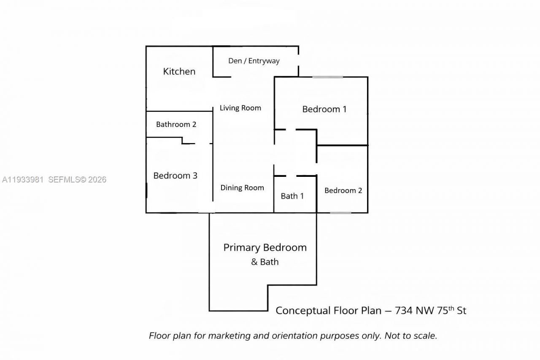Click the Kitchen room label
[x=179, y=71]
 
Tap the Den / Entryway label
[x=254, y=61]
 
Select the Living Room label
[x=240, y=108]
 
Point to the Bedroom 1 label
[x=324, y=109]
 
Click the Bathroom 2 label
[x=176, y=125]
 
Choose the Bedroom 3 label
[x=175, y=176]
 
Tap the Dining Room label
[x=242, y=188]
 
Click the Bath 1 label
[x=292, y=196]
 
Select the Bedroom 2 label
[x=343, y=190]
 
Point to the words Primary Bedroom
[x=265, y=247]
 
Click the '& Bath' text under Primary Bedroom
[x=265, y=262]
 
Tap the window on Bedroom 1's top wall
[x=327, y=77]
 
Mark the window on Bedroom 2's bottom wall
[x=341, y=213]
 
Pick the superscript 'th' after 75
[x=451, y=308]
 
